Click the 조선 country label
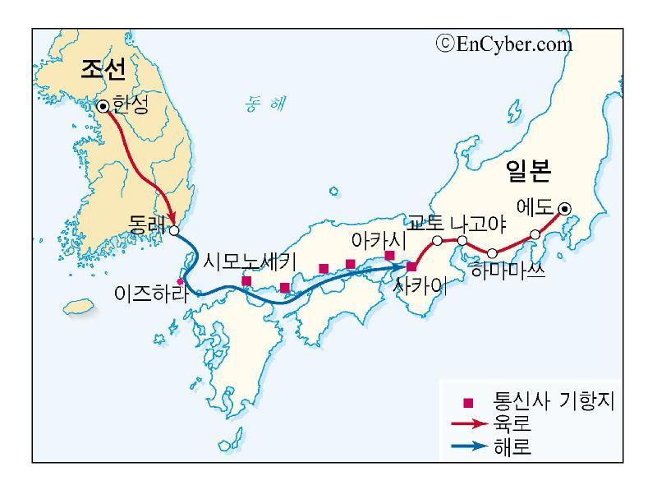(103, 70)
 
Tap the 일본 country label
(529, 170)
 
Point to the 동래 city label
(147, 223)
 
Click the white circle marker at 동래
(173, 230)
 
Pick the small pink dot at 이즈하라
(180, 281)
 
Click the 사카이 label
(421, 287)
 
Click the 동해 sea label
(267, 104)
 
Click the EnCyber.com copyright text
(504, 44)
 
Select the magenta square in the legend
(469, 403)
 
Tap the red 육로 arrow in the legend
(469, 425)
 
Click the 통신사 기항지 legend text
(554, 402)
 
